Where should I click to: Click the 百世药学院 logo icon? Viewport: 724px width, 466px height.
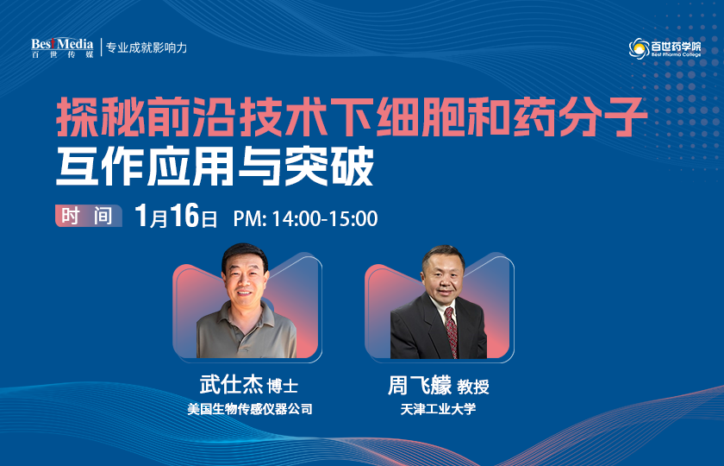[x=640, y=48]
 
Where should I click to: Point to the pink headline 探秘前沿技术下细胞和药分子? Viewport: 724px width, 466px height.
[x=351, y=119]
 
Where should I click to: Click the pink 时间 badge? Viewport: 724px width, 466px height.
[x=86, y=217]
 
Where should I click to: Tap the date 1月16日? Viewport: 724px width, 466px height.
[x=177, y=217]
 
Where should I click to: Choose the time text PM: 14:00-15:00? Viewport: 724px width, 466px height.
[x=305, y=218]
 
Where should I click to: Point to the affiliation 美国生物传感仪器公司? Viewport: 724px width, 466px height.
[x=250, y=409]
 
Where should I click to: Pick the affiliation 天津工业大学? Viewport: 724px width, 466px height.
[x=438, y=409]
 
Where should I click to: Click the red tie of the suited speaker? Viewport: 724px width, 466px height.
[x=450, y=331]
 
